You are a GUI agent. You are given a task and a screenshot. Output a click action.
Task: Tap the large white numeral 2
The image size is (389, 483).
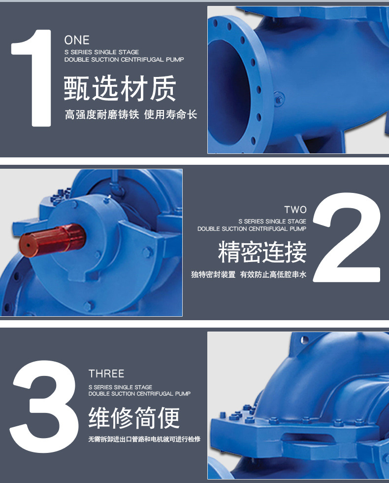point(347,238)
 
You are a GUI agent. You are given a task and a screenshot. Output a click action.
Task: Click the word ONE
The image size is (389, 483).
point(77,40)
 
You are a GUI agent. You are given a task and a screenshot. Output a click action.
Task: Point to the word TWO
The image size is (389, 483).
point(295,210)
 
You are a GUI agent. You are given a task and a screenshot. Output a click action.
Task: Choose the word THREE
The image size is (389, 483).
point(106,373)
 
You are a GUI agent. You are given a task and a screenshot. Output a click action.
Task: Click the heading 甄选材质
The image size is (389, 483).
point(120,89)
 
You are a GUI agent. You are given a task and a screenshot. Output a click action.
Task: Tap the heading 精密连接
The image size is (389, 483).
point(262,252)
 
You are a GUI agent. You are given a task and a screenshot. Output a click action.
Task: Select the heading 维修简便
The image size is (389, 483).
point(134,418)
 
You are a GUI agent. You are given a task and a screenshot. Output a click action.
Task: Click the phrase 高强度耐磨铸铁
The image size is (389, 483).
point(102,115)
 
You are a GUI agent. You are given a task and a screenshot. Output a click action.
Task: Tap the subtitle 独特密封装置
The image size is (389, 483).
point(213,275)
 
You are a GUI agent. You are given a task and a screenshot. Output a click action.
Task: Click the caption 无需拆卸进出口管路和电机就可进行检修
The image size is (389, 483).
point(144,439)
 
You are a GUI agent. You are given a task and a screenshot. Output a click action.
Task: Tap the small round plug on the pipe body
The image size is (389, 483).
point(279,99)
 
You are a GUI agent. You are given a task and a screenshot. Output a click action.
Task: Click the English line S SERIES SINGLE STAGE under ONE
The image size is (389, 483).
point(101,52)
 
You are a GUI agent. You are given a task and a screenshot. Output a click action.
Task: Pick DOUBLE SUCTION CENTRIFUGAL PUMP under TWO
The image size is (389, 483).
point(252,229)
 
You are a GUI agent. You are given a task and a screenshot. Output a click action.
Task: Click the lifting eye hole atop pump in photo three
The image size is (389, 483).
point(303,339)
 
